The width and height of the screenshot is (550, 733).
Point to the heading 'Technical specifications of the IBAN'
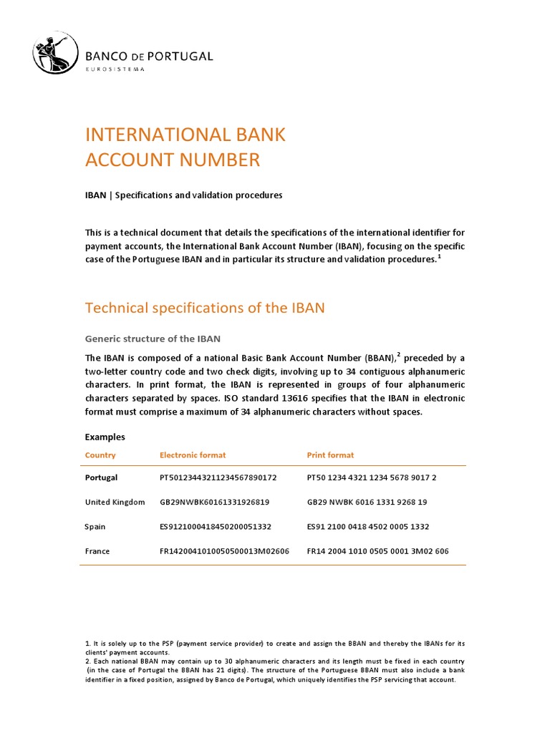[x=205, y=308]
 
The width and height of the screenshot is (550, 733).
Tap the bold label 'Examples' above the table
[x=105, y=437]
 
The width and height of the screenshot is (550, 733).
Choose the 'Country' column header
[x=100, y=455]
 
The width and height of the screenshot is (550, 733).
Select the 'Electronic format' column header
[x=193, y=455]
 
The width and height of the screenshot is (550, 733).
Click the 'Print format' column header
[x=330, y=455]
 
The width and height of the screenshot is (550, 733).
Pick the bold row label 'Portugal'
[x=102, y=477]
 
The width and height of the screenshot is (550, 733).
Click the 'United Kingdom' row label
[x=115, y=502]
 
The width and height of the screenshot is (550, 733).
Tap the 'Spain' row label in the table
[x=95, y=527]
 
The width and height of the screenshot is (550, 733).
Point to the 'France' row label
[x=98, y=551]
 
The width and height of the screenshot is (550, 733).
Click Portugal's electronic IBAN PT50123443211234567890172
[x=218, y=477]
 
